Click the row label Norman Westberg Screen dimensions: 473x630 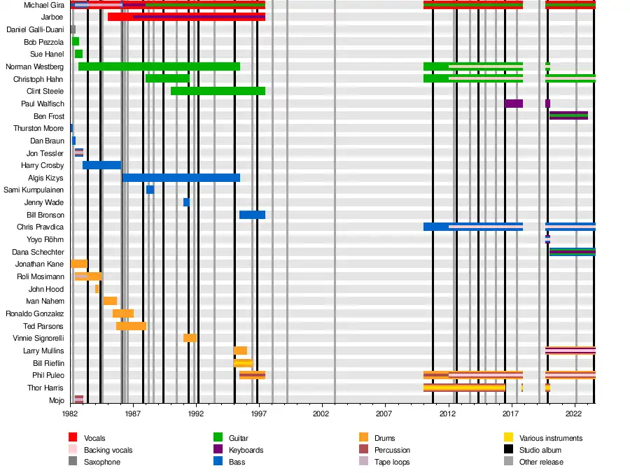pos(34,66)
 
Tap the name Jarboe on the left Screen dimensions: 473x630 pos(52,17)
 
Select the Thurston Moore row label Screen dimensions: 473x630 pos(38,128)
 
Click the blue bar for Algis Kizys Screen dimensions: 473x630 pos(181,178)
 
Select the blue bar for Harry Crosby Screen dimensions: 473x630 pos(101,165)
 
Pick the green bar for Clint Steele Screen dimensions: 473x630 pos(218,91)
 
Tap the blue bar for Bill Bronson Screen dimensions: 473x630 pos(252,215)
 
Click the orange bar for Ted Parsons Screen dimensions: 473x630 pos(131,326)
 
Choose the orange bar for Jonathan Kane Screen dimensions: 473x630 pos(79,264)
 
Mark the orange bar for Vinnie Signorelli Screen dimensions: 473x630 pos(190,338)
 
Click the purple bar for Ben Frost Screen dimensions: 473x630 pos(568,115)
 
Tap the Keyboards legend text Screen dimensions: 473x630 pos(246,450)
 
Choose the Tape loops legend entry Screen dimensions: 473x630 pos(392,462)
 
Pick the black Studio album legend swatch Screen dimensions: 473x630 pos(508,450)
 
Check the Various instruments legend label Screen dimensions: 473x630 pos(551,438)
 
